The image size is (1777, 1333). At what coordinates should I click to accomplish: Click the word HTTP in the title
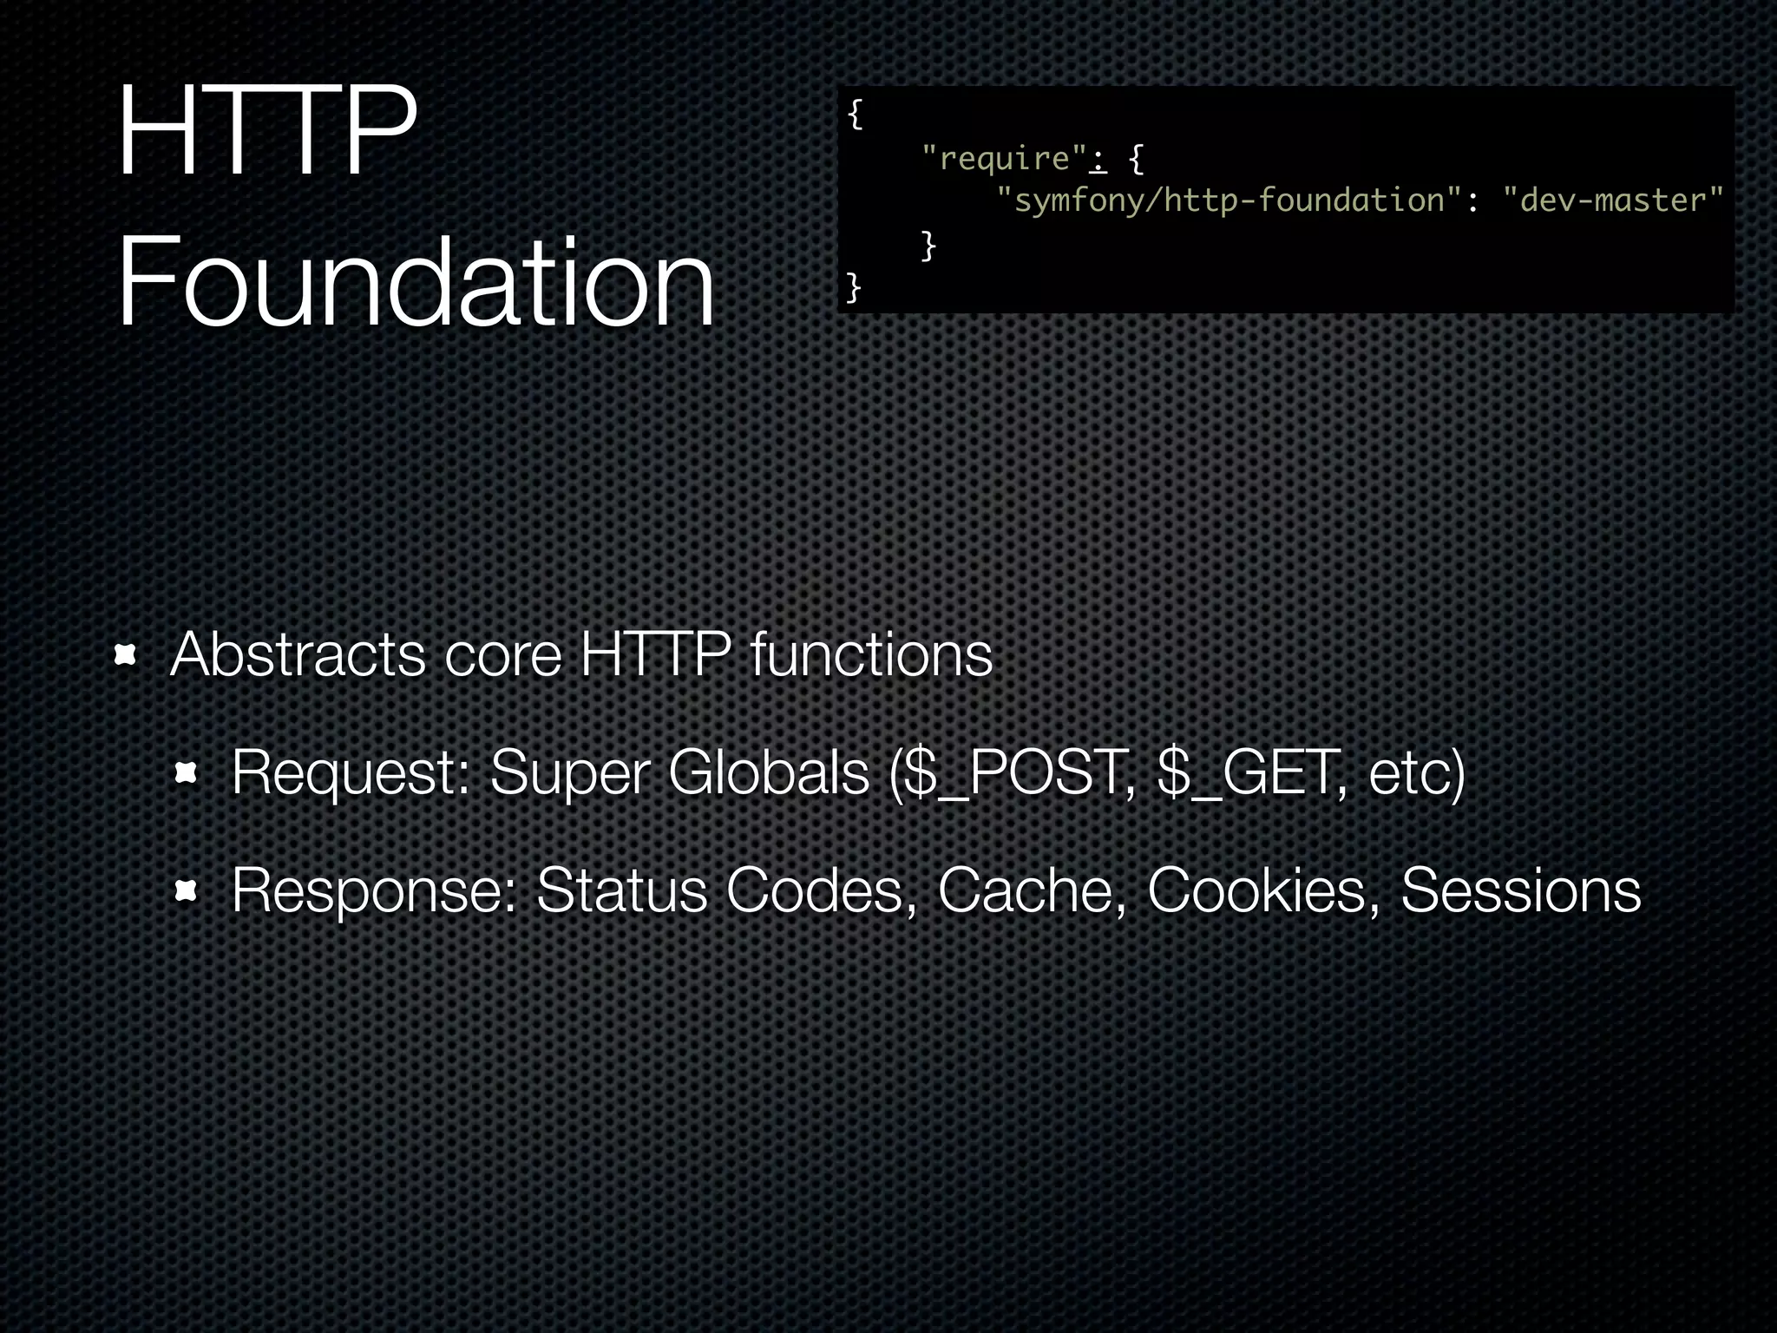[266, 132]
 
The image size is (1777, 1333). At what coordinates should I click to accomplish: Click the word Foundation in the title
[415, 282]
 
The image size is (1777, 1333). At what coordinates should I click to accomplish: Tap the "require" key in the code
[1004, 158]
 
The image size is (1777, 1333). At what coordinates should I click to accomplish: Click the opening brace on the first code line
[855, 114]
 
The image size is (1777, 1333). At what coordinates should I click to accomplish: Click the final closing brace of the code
[854, 286]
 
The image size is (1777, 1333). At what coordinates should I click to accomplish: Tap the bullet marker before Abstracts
[127, 656]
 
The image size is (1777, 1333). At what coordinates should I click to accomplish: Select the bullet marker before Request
[187, 772]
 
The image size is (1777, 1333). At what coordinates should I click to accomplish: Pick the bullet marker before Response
[187, 890]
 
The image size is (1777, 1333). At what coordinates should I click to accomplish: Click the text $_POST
[1016, 772]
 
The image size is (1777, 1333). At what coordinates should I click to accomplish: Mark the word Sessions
[1520, 890]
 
